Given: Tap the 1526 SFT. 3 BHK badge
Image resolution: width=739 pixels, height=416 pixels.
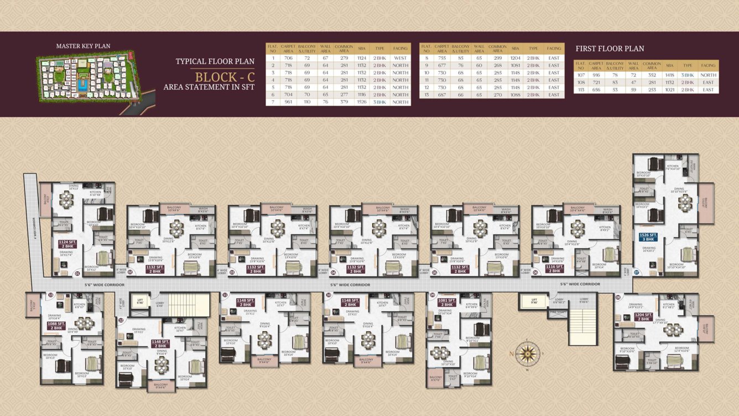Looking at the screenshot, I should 648,237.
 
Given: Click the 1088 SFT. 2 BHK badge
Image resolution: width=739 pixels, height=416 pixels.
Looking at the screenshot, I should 56,326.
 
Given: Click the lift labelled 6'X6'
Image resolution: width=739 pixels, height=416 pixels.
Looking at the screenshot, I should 140,301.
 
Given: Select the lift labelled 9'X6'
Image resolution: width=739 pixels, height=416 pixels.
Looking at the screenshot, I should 534,301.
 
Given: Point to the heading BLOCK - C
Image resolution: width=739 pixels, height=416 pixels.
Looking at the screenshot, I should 225,77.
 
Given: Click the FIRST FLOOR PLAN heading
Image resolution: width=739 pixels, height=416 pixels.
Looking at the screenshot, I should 610,49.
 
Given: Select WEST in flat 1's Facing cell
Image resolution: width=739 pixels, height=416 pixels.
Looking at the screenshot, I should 400,58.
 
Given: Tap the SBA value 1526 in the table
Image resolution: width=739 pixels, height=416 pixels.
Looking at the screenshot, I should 362,102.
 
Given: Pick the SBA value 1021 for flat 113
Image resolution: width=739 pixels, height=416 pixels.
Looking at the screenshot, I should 670,90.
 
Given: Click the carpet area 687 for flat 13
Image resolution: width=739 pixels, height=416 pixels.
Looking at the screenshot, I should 441,95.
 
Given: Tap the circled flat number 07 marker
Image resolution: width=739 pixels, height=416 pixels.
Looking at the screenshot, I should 637,273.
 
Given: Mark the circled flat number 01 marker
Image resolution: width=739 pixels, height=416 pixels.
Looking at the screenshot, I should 77,273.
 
